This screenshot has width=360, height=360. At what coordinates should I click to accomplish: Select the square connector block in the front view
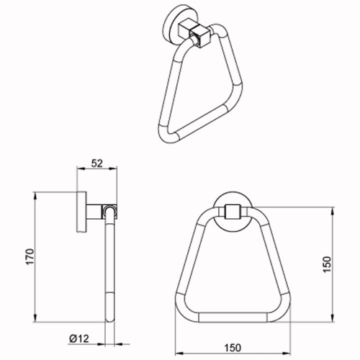[x=232, y=212]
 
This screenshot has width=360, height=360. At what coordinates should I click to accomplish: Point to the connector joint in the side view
[x=108, y=212]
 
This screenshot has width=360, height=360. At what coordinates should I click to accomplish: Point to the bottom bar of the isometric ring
[x=202, y=129]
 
